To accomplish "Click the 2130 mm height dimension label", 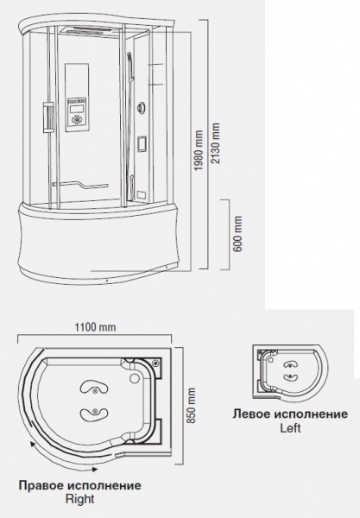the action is (216, 143).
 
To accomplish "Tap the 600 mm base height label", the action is (237, 234).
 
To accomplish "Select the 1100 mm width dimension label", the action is (95, 327).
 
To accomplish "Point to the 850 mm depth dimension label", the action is (192, 406).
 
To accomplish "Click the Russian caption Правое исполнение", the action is (79, 485).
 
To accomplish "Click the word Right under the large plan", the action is (80, 498).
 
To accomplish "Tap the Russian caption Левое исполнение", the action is (290, 414).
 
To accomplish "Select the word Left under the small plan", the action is (290, 428).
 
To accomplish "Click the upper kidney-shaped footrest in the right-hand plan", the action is (94, 389).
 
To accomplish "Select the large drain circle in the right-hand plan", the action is (135, 377).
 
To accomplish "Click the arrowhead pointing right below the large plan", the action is (94, 469).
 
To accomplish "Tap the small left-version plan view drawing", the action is (290, 372).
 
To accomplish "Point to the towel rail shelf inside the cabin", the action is (80, 185).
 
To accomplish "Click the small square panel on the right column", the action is (141, 143).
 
